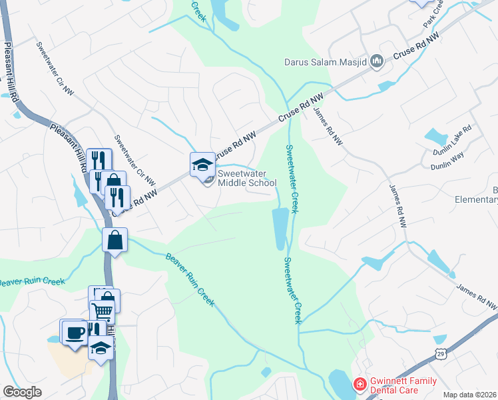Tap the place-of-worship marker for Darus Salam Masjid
click(x=377, y=61)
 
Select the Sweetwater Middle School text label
click(x=247, y=178)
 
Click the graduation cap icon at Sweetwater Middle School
click(x=202, y=164)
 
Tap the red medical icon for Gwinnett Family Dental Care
click(x=360, y=384)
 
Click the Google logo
click(x=22, y=392)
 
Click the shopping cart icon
click(x=102, y=310)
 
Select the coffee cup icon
click(x=73, y=331)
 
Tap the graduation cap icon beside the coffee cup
click(x=101, y=348)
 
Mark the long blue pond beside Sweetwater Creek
click(x=280, y=229)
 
